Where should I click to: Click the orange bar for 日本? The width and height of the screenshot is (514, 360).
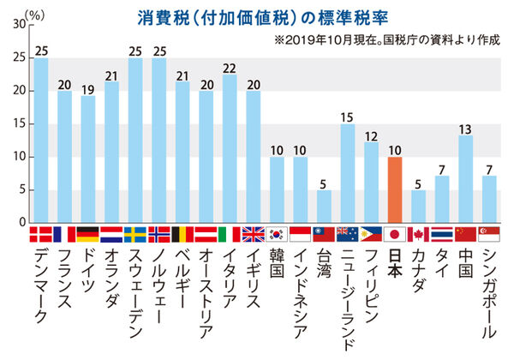395,189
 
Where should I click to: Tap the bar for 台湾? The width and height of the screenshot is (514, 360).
324,206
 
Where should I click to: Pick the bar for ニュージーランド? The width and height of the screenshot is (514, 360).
348,173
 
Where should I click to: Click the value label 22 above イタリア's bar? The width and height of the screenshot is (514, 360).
230,68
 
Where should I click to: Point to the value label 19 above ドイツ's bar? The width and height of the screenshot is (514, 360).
88,87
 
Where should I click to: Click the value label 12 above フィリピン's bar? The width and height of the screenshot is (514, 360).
371,135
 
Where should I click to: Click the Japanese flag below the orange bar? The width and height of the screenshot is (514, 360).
395,234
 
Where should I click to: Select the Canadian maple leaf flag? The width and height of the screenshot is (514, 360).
419,234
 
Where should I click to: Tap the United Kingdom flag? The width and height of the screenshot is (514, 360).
254,234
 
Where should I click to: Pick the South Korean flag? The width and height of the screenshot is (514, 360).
277,234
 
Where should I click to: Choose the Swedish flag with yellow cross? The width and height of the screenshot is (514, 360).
135,234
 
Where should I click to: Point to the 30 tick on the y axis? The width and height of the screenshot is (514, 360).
19,25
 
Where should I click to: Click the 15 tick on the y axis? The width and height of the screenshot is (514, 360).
19,123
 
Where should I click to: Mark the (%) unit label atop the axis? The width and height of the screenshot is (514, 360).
34,13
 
